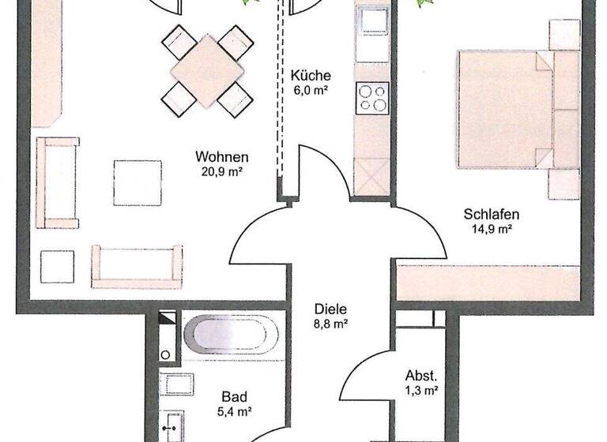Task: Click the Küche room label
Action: click(310, 76)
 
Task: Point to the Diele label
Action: click(330, 309)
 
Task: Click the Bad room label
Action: click(235, 396)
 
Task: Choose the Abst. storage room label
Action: click(421, 375)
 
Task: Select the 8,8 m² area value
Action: click(330, 323)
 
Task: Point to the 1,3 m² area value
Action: click(421, 389)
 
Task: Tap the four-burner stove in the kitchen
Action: click(372, 99)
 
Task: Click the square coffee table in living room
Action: click(138, 183)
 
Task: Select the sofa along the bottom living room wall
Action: click(137, 266)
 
